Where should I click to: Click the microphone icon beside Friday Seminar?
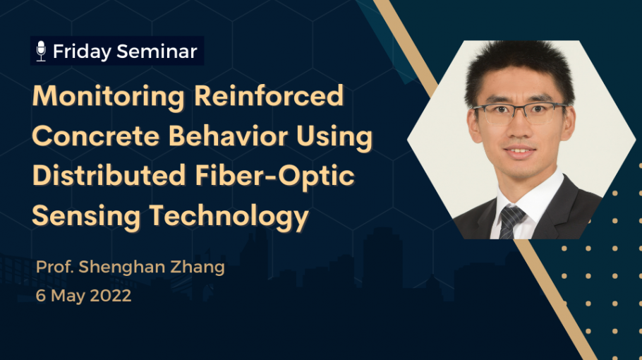coord(41,52)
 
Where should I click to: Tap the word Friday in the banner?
coord(82,52)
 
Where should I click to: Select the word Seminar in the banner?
coord(157,52)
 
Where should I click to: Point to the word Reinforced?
coord(269,95)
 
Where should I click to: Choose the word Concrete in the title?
coord(95,136)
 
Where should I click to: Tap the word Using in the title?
coord(334,137)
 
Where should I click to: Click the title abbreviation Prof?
coord(55,267)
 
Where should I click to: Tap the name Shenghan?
coord(121,267)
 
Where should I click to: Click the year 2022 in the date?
coord(111,296)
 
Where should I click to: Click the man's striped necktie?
coord(510,222)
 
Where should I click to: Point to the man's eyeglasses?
coord(520,113)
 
